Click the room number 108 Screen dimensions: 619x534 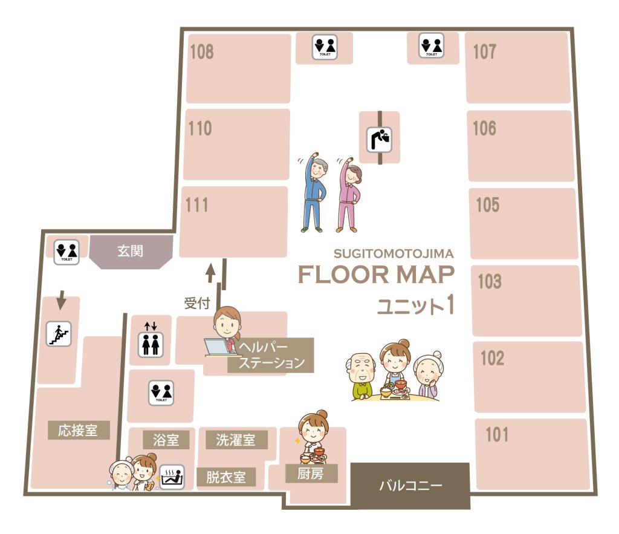pyautogui.click(x=202, y=52)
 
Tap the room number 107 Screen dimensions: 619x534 pyautogui.click(x=484, y=52)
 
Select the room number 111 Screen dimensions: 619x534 pyautogui.click(x=196, y=205)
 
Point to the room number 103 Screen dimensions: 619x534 pyautogui.click(x=490, y=281)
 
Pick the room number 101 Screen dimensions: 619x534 pyautogui.click(x=497, y=434)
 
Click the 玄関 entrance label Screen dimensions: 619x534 pyautogui.click(x=131, y=251)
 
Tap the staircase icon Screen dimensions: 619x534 pyautogui.click(x=59, y=334)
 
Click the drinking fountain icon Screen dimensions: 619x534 pyautogui.click(x=380, y=139)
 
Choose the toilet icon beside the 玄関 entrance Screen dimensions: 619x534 pyautogui.click(x=66, y=252)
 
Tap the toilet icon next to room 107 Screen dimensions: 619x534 pyautogui.click(x=432, y=45)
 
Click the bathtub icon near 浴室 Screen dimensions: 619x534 pyautogui.click(x=172, y=477)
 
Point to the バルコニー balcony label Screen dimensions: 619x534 pyautogui.click(x=410, y=486)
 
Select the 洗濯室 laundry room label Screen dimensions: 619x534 pyautogui.click(x=236, y=440)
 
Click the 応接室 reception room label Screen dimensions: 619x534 pyautogui.click(x=78, y=430)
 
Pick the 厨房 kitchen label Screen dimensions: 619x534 pyautogui.click(x=311, y=473)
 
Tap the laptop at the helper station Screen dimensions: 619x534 pyautogui.click(x=217, y=347)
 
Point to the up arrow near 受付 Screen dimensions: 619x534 pyautogui.click(x=210, y=273)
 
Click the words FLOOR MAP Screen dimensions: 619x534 pyautogui.click(x=376, y=275)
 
